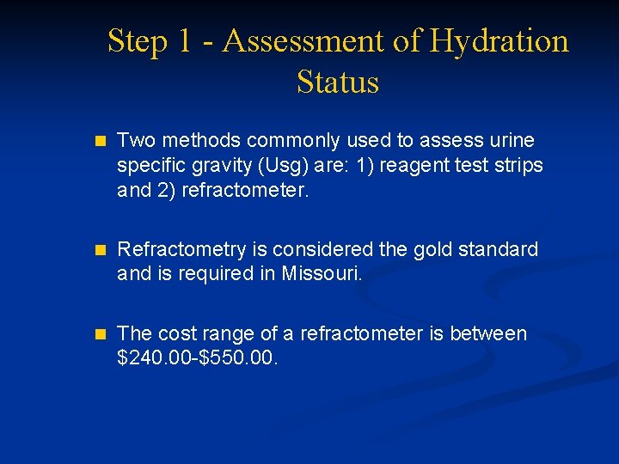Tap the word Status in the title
tap(338, 82)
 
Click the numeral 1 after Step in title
tap(184, 41)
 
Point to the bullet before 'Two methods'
tap(100, 140)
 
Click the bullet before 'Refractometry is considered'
tap(100, 250)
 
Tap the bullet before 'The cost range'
tap(100, 333)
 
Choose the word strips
tap(518, 164)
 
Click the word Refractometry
tap(182, 249)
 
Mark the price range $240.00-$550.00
tap(197, 357)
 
